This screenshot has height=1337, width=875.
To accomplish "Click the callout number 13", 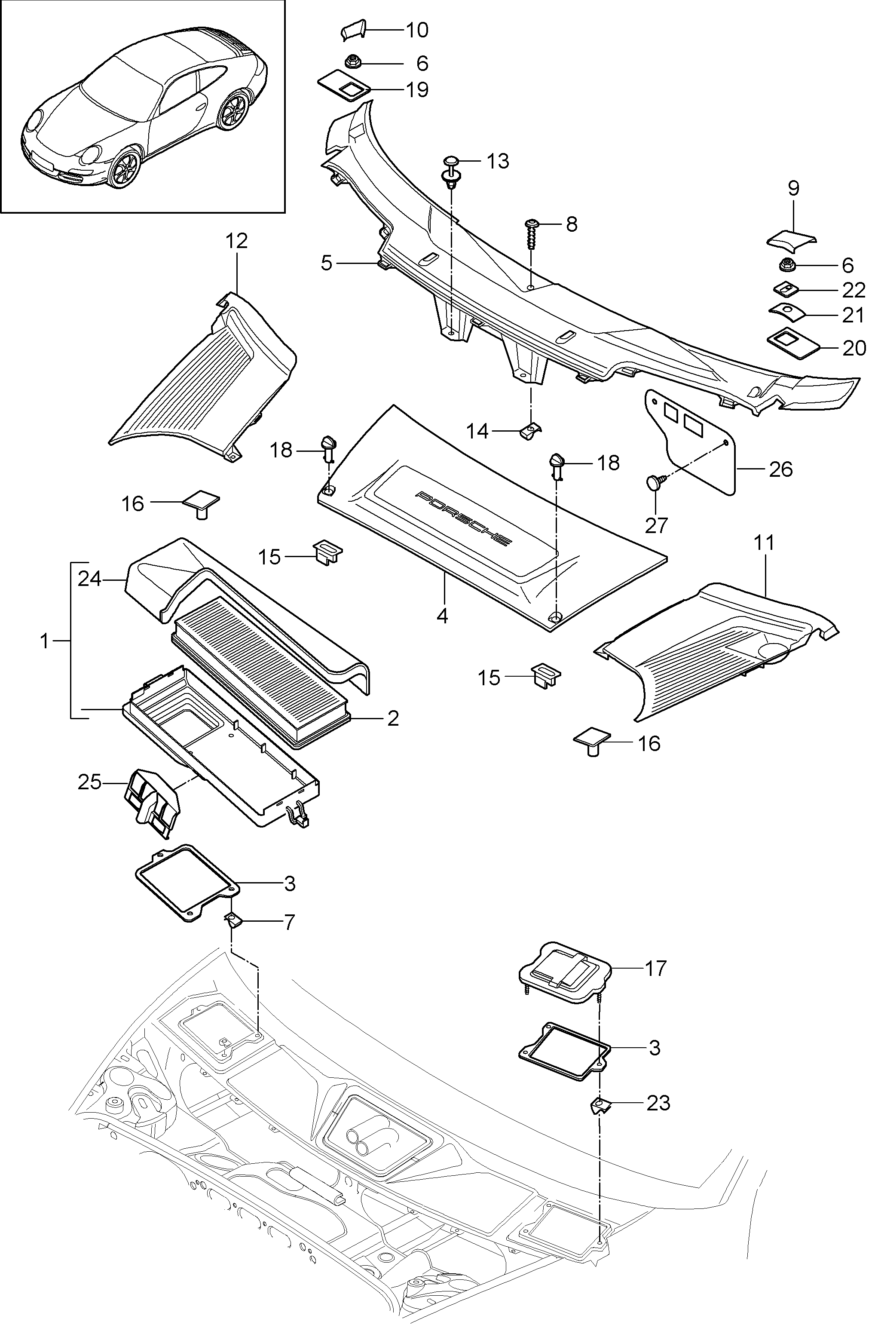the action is click(497, 161).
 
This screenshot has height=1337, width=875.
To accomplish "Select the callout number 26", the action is click(780, 469).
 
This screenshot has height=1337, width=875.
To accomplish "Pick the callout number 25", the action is click(90, 782).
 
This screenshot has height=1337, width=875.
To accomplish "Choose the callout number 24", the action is click(89, 578).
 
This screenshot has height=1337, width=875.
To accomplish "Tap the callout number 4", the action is click(443, 616).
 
